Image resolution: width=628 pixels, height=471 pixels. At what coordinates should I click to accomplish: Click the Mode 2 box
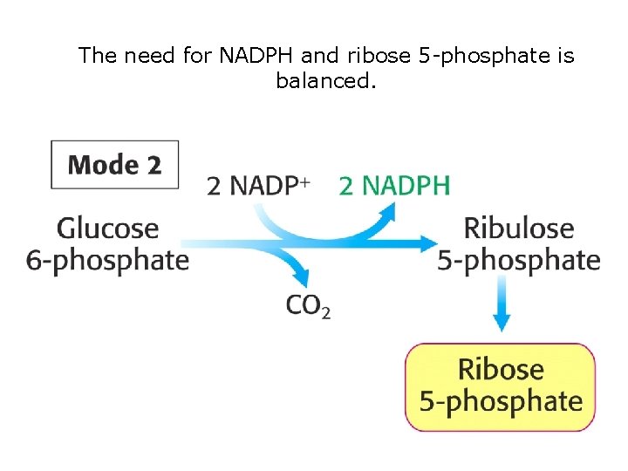pyautogui.click(x=114, y=165)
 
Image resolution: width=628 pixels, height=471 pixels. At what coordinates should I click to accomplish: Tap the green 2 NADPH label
pyautogui.click(x=394, y=186)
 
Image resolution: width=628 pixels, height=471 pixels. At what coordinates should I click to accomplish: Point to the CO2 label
pyautogui.click(x=308, y=305)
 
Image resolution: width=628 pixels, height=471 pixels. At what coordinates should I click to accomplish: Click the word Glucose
pyautogui.click(x=108, y=229)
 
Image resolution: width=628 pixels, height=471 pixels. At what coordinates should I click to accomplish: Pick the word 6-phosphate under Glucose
pyautogui.click(x=108, y=260)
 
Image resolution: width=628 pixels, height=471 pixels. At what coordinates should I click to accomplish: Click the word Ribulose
pyautogui.click(x=519, y=229)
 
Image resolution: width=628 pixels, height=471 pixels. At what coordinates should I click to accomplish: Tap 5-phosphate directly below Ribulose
pyautogui.click(x=519, y=260)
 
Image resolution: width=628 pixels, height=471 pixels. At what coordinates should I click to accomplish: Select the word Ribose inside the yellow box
pyautogui.click(x=501, y=369)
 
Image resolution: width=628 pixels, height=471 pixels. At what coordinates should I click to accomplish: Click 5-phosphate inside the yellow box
pyautogui.click(x=501, y=400)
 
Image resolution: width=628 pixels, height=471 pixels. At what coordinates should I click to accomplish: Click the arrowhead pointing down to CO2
pyautogui.click(x=302, y=278)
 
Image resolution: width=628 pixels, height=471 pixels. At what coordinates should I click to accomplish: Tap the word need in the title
pyautogui.click(x=147, y=57)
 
